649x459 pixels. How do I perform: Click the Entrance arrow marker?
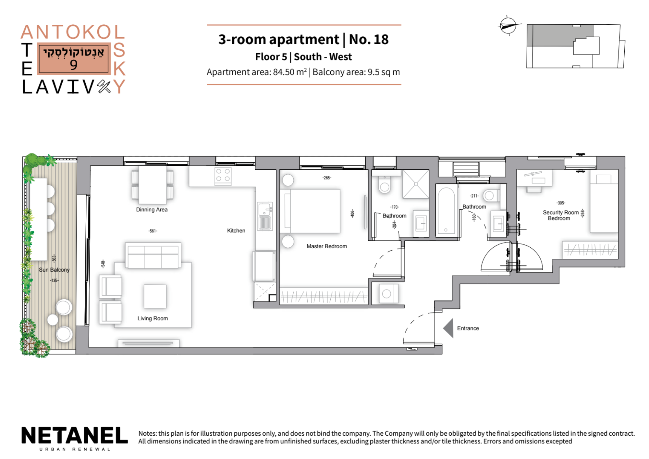pos(449,328)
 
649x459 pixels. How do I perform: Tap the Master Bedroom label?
pos(327,246)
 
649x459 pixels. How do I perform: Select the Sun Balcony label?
pos(54,270)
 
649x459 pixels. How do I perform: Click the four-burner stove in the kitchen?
pos(223,176)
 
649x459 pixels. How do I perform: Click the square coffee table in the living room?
pos(155,296)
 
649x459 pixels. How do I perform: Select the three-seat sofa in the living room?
pos(153,256)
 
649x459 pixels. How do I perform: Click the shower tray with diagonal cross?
pos(416,184)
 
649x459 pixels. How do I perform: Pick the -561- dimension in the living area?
pos(153,231)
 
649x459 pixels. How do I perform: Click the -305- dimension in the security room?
pos(561,203)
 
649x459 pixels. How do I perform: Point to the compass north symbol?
pos(508,26)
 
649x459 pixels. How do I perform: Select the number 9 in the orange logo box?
pos(74,65)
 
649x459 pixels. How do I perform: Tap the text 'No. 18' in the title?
pos(369,40)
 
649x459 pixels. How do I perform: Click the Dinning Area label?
pos(152,210)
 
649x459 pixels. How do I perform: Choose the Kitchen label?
pos(236,230)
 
